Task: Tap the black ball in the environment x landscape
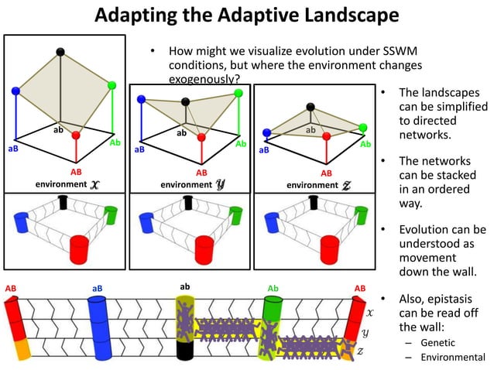pyautogui.click(x=60, y=53)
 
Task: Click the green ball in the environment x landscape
pyautogui.click(x=112, y=85)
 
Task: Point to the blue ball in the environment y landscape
pyautogui.click(x=139, y=99)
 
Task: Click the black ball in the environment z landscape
pyautogui.click(x=310, y=107)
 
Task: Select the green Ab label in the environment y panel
pyautogui.click(x=241, y=145)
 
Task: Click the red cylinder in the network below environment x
pyautogui.click(x=79, y=251)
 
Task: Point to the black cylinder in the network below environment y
pyautogui.click(x=187, y=204)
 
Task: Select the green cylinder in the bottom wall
pyautogui.click(x=271, y=310)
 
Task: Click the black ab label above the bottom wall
pyautogui.click(x=185, y=286)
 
